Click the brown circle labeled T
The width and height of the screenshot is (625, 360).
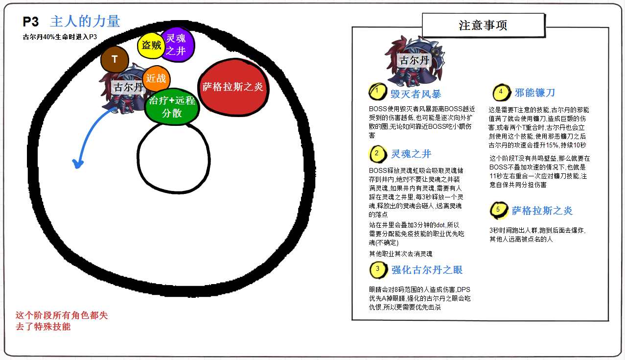point(115,60)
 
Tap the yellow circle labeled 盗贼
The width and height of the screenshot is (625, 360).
point(150,46)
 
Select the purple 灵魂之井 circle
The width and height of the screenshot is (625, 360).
point(177,44)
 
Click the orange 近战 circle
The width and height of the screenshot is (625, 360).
point(156,79)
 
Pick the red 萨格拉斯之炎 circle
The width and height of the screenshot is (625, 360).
point(233,87)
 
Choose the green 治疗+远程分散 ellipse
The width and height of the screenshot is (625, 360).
point(172,107)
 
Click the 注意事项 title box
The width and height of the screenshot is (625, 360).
point(483,25)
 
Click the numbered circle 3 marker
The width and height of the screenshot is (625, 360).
point(377,269)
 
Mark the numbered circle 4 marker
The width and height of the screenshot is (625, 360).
point(501,92)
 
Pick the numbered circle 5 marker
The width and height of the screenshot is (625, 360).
point(498,210)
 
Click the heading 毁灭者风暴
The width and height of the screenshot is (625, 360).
point(416,93)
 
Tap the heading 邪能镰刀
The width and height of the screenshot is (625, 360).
point(535,93)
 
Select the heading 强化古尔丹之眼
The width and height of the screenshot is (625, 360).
point(427,270)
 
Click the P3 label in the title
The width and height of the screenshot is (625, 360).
point(31,22)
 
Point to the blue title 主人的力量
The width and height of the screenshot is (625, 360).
point(85,22)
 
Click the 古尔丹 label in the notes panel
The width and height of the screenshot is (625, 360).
point(415,60)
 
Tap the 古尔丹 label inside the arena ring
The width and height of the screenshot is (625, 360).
point(128,88)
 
